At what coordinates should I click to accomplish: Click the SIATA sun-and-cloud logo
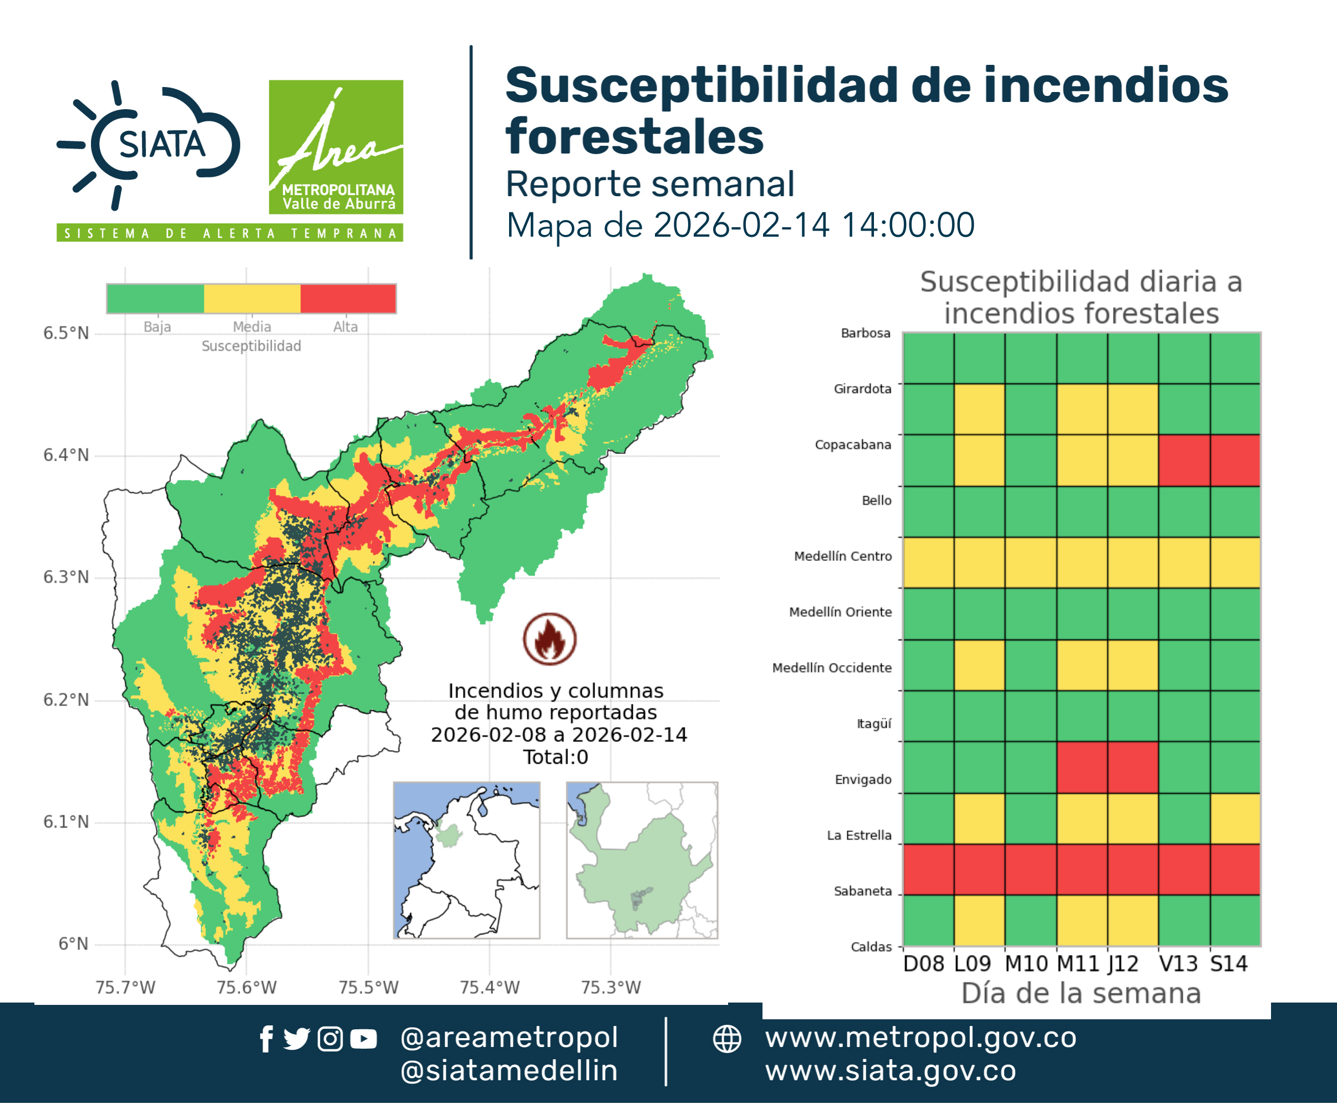[148, 145]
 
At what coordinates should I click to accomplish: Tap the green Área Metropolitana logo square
[335, 147]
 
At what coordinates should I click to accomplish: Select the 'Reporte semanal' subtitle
[650, 183]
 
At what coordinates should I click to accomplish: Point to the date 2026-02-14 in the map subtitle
[741, 225]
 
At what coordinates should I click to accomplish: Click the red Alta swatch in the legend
[348, 299]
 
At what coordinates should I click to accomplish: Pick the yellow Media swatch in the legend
[252, 299]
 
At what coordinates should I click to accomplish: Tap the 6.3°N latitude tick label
[65, 577]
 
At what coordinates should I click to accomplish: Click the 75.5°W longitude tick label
[368, 987]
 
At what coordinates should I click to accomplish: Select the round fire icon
[550, 639]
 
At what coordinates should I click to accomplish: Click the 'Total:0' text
[556, 757]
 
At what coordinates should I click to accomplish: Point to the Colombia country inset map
[466, 860]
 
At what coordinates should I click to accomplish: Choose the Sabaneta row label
[863, 891]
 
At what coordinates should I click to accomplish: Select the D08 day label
[923, 964]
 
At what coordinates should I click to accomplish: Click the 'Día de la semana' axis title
[1081, 993]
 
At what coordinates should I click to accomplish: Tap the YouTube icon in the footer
[363, 1039]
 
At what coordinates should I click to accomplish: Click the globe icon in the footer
[726, 1039]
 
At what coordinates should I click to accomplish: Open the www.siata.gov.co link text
[890, 1071]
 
